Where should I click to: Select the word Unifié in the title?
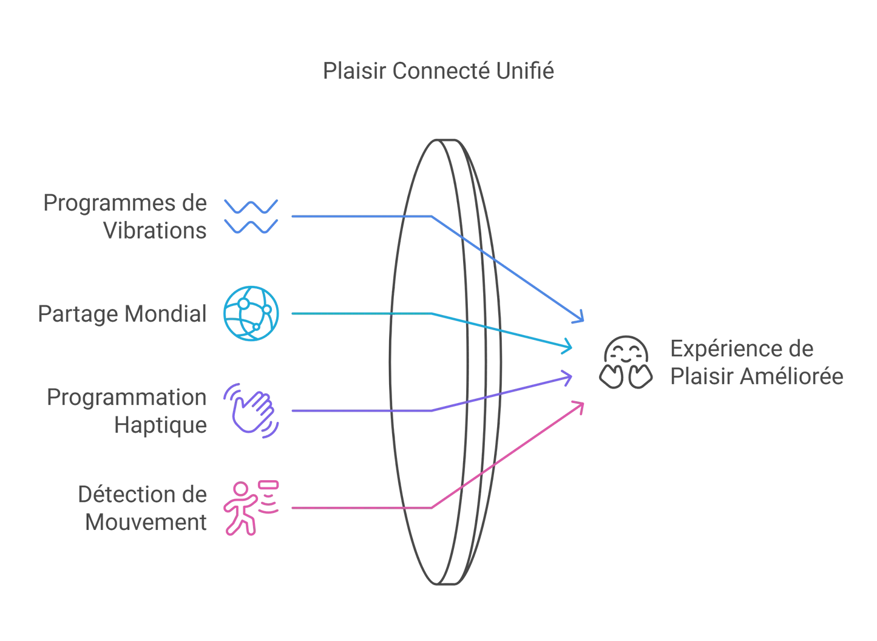525,71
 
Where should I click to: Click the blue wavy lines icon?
251,216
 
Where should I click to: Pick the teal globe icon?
251,313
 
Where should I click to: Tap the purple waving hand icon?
251,410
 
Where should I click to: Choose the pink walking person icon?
249,507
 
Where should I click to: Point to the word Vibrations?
155,231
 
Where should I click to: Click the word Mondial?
165,314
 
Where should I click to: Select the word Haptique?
160,424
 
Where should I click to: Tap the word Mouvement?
146,522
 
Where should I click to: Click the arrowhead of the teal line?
568,346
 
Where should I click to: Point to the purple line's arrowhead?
568,378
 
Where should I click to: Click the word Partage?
78,314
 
